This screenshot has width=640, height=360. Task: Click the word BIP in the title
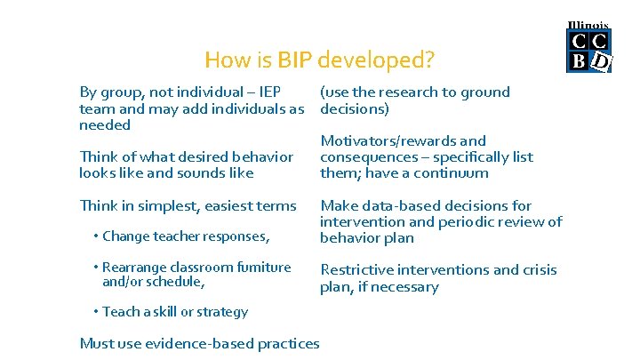tap(295, 60)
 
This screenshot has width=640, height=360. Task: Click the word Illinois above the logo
tap(588, 26)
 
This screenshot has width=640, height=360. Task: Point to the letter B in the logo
tap(579, 61)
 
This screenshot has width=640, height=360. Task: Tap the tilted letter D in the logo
tap(601, 61)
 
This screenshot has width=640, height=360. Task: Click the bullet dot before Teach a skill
tap(96, 312)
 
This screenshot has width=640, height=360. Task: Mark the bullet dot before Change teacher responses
tap(96, 236)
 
